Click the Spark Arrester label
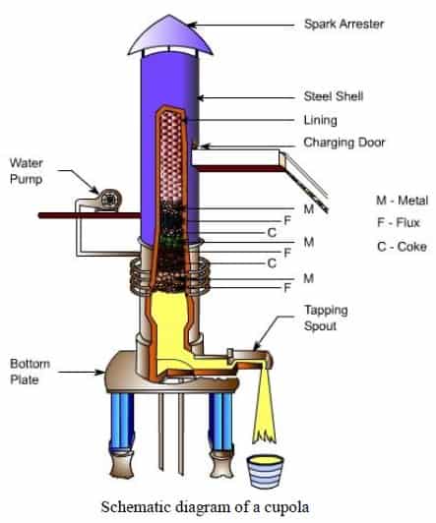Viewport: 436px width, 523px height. point(344,24)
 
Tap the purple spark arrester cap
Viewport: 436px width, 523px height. point(170,36)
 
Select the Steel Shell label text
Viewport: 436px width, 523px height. point(334,96)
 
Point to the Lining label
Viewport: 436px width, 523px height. point(321,120)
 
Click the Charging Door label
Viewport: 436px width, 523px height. point(344,143)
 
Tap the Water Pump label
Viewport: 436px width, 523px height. point(27,171)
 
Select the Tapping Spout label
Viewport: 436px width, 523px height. point(326,318)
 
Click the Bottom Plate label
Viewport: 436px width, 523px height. point(31,372)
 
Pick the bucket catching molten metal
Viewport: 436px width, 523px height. point(266,472)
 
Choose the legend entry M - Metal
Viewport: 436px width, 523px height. point(402,201)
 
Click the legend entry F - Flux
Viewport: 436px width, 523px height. point(399,222)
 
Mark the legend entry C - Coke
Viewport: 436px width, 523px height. point(402,247)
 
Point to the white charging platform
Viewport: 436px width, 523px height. point(235,157)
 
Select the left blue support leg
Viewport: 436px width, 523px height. point(122,422)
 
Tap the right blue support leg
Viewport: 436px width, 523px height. point(220,422)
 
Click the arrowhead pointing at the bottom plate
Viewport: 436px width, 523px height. point(100,372)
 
